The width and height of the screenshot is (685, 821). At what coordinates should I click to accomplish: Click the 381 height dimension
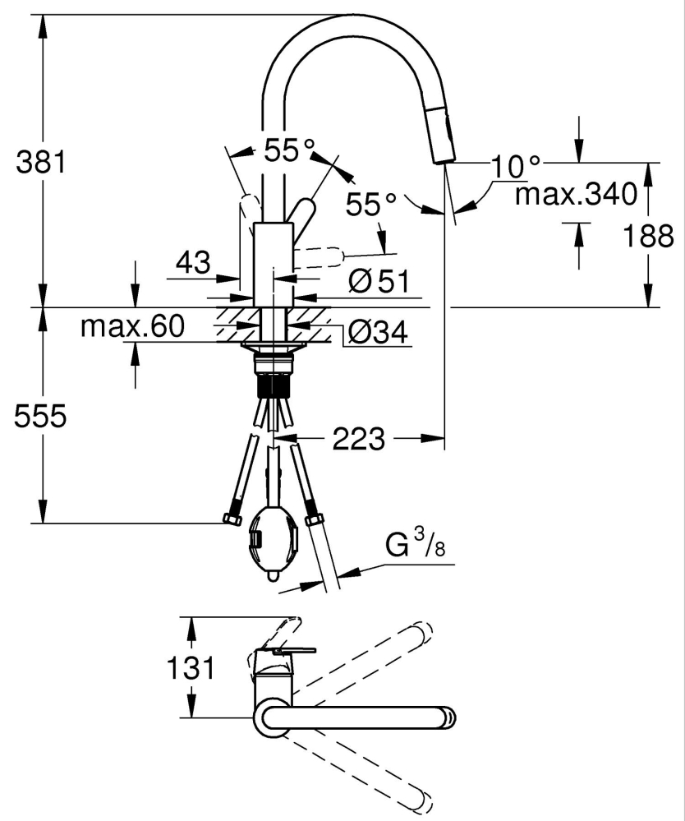40,162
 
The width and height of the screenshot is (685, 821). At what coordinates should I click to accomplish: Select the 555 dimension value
40,417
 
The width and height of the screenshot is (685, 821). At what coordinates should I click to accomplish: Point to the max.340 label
576,195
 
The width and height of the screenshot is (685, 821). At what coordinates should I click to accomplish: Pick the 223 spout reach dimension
359,440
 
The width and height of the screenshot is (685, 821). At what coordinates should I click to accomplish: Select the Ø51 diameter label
378,282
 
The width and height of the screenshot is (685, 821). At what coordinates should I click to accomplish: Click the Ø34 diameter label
377,331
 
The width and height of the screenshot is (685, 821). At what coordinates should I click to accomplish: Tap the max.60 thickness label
132,326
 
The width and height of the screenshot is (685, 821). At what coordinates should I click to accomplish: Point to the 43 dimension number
193,263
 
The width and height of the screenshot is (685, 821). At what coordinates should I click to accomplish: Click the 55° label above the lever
289,150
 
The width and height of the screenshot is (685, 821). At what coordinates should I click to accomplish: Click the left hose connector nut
232,519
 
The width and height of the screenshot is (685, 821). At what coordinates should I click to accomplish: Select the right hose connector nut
313,520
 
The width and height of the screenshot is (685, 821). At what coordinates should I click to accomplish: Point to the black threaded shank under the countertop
271,386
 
